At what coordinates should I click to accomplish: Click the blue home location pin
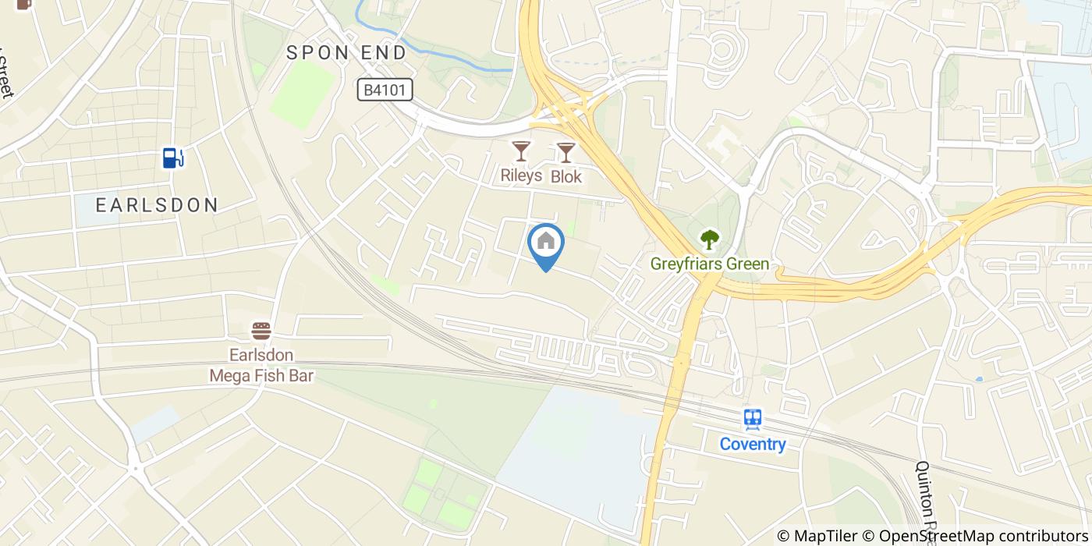pyautogui.click(x=546, y=243)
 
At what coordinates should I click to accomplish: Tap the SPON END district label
pyautogui.click(x=346, y=53)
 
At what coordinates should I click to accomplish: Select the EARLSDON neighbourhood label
pyautogui.click(x=157, y=205)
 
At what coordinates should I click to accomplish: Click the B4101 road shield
pyautogui.click(x=385, y=90)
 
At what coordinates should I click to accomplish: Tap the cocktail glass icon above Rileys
pyautogui.click(x=520, y=151)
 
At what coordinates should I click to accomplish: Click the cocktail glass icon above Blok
pyautogui.click(x=565, y=152)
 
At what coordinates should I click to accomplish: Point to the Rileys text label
pyautogui.click(x=520, y=175)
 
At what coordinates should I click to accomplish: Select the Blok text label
pyautogui.click(x=566, y=177)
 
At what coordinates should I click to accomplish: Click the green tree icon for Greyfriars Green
pyautogui.click(x=710, y=239)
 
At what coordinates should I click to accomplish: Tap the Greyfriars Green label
pyautogui.click(x=710, y=264)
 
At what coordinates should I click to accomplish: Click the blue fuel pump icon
pyautogui.click(x=172, y=158)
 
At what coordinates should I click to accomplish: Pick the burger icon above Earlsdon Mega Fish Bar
pyautogui.click(x=261, y=331)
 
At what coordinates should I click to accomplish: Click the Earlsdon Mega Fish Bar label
pyautogui.click(x=261, y=366)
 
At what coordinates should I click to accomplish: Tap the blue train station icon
pyautogui.click(x=753, y=420)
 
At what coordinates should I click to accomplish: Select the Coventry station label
pyautogui.click(x=753, y=445)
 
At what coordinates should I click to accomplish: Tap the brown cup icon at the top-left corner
pyautogui.click(x=23, y=4)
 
